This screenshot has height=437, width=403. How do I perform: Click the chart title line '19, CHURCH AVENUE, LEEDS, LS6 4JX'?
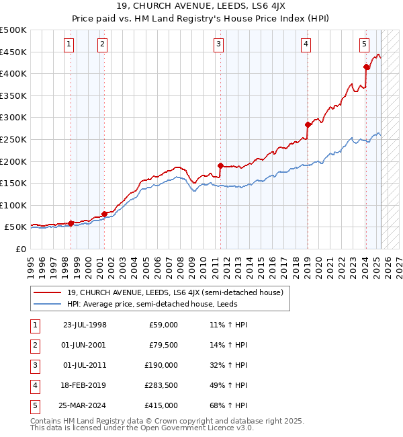click(201, 7)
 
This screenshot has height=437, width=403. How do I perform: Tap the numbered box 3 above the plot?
click(219, 45)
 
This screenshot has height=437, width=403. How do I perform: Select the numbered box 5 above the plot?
click(364, 45)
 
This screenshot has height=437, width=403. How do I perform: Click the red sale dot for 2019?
click(308, 124)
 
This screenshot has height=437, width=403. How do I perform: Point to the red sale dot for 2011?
click(220, 165)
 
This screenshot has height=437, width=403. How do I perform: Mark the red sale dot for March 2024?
click(366, 67)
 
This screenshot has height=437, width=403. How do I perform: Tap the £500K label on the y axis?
click(13, 30)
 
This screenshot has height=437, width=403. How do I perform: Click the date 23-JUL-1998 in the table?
click(85, 325)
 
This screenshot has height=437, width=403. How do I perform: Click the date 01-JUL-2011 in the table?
click(85, 365)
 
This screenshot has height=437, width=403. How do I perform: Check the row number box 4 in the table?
click(34, 385)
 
